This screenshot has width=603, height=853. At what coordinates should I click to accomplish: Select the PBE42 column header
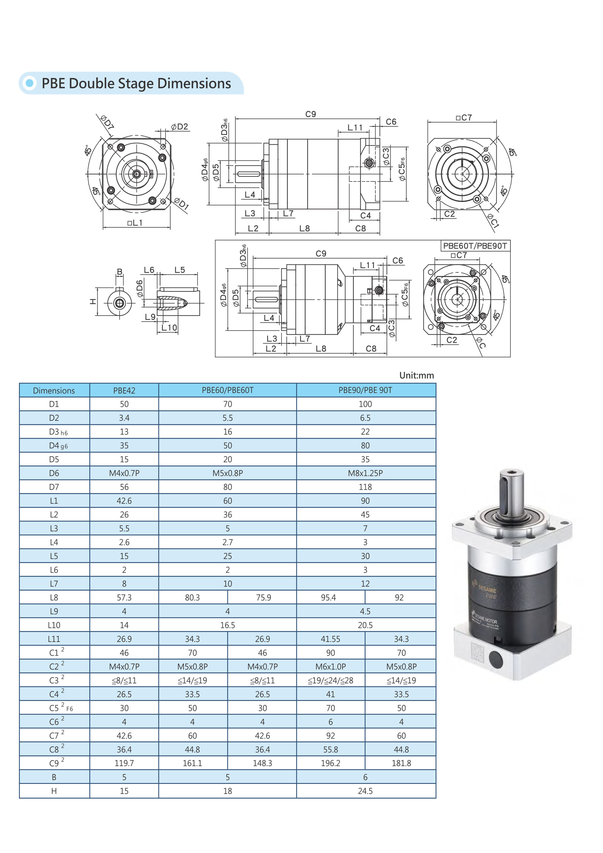[124, 391]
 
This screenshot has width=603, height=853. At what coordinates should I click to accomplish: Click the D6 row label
[54, 473]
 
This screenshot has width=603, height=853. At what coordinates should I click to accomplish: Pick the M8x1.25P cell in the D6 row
[365, 473]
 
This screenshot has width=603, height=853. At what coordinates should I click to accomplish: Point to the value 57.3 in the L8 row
[124, 597]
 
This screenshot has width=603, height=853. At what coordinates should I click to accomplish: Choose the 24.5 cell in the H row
[365, 791]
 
